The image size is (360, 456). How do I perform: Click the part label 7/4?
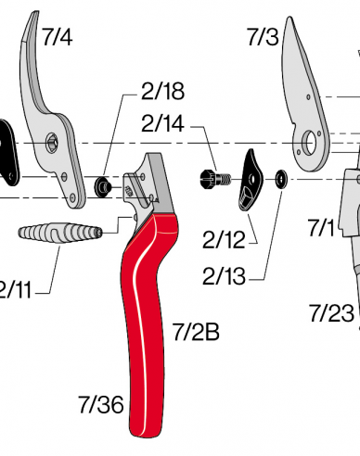pyautogui.click(x=57, y=37)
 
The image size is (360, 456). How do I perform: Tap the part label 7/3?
pyautogui.click(x=263, y=37)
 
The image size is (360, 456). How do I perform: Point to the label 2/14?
pyautogui.click(x=162, y=123)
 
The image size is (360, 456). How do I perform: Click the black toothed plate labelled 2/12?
pyautogui.click(x=251, y=181)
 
